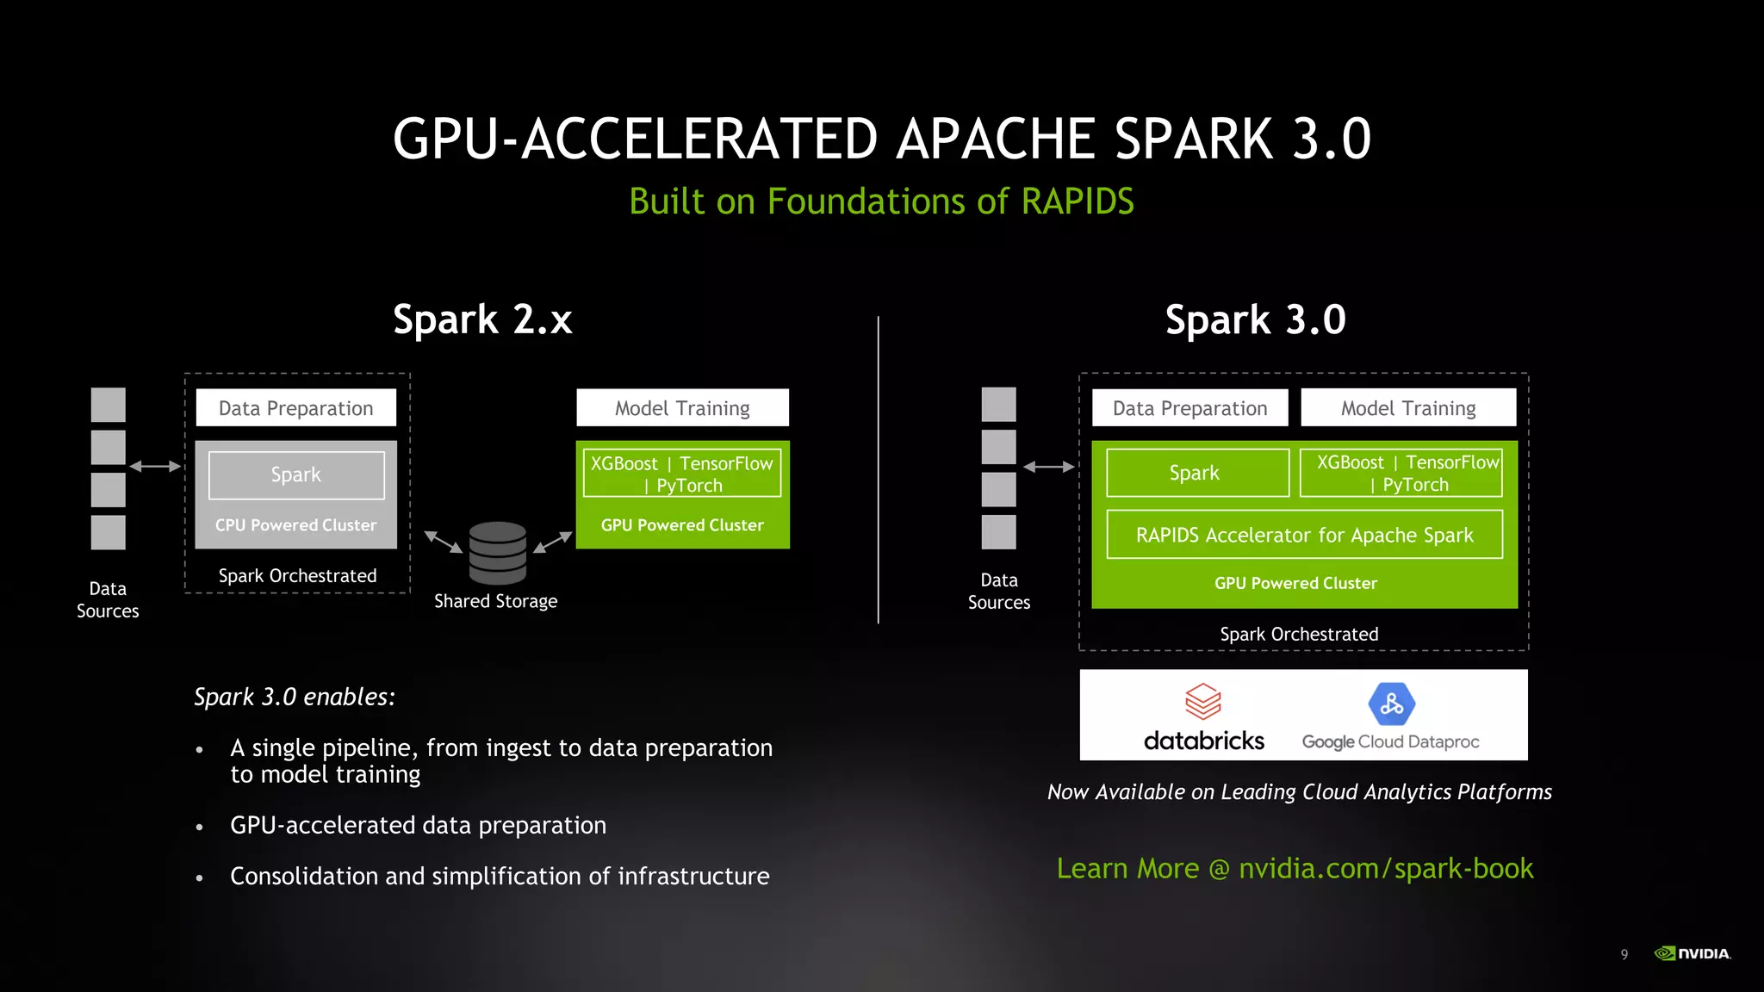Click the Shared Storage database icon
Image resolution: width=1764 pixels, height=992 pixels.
497,552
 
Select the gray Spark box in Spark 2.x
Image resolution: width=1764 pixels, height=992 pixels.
296,474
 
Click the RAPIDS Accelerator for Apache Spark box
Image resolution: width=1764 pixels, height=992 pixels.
1304,535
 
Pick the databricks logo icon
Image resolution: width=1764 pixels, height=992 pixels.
1203,702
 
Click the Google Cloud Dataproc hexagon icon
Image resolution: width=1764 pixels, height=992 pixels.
1391,704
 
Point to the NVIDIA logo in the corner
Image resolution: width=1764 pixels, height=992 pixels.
1693,953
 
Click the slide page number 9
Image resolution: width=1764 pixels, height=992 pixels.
1624,954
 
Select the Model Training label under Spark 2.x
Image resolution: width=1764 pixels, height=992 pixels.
682,408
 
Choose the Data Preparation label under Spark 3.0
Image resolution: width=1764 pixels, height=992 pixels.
1189,408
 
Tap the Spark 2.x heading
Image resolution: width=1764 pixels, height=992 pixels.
482,319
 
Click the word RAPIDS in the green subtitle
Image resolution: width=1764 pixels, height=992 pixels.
1078,201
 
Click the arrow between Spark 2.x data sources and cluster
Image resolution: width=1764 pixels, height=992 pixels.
155,466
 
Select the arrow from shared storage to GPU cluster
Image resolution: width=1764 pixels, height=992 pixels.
553,542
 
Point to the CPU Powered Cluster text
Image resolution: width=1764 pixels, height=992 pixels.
295,524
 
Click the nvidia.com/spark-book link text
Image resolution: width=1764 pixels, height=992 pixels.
1385,868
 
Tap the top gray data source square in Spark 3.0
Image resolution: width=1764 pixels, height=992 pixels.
998,405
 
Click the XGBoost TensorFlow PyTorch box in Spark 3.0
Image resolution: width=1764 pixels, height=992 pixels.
1401,473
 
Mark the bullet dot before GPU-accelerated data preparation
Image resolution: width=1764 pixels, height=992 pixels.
199,827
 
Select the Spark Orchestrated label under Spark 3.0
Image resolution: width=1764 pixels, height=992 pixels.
1299,634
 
